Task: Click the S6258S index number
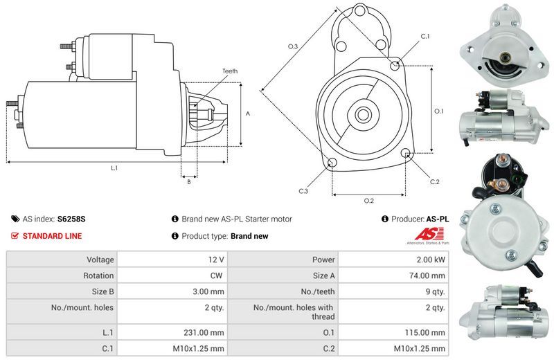coord(71,219)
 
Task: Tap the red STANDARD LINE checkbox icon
coord(15,236)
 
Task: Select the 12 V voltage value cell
coord(216,260)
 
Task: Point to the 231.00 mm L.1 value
coord(208,332)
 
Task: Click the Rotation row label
coord(99,275)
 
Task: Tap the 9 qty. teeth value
coord(434,291)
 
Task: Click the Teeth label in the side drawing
coord(230,71)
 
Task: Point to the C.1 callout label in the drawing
coord(425,36)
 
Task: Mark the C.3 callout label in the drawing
coord(303,191)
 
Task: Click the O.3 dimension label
coord(293,46)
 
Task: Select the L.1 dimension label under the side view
coord(114,168)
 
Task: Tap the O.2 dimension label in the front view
coord(369,201)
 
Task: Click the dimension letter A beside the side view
coord(247,113)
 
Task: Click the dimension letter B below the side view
coord(188,182)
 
